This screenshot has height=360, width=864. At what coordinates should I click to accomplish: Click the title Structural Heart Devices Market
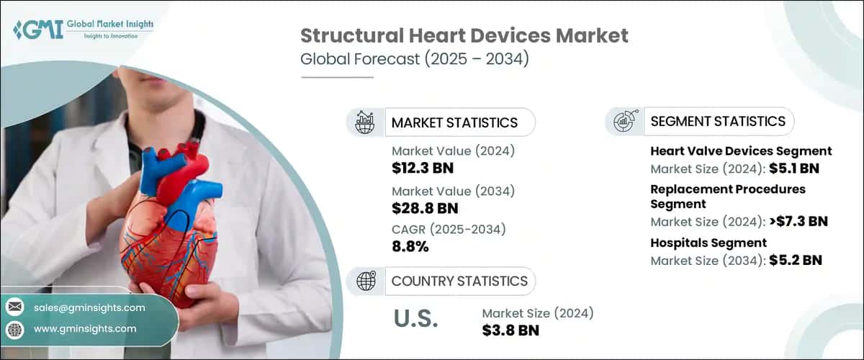coord(464,35)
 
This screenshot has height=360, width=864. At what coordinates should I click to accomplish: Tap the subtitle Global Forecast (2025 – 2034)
coord(415,59)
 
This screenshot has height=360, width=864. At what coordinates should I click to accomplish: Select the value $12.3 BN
coord(423,168)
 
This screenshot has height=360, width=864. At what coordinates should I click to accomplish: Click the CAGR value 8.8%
coord(410,247)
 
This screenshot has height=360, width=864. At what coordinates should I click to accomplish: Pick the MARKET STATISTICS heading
coord(454,122)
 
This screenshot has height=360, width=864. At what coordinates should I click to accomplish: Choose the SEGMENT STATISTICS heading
coord(717,121)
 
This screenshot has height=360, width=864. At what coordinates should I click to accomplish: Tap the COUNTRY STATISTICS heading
coord(459,281)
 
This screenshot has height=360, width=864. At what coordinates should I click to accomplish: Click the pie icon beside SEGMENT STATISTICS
coord(623,121)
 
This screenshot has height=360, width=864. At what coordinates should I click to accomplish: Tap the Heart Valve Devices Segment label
coord(741,151)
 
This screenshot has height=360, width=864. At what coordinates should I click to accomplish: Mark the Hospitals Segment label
coord(708,243)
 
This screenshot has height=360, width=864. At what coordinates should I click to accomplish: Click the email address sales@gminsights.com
coord(89,307)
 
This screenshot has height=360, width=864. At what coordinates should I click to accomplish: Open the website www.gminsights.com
coord(84,329)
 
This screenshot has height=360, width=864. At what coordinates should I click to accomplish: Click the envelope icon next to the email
coord(14,307)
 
